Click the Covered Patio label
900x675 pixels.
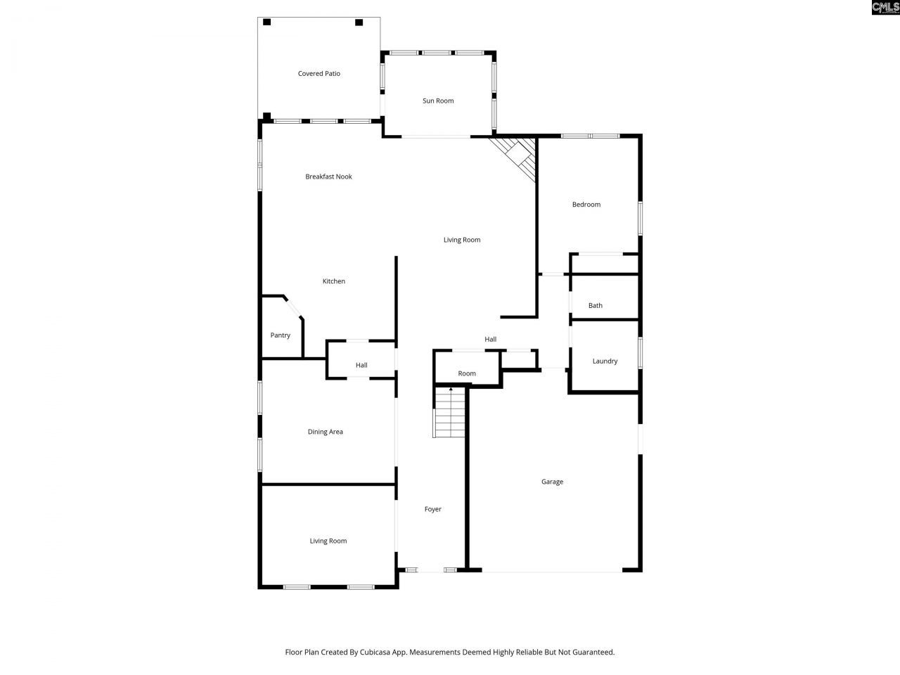(319, 74)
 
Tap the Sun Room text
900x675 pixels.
(437, 101)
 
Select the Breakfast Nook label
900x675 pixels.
(328, 177)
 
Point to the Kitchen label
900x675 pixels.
(333, 281)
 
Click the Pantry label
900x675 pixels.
(280, 335)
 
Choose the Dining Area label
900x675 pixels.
(325, 432)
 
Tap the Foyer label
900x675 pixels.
(432, 509)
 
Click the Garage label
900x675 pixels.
(552, 482)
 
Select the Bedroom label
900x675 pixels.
(586, 205)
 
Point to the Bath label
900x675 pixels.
(595, 306)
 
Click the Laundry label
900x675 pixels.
(605, 361)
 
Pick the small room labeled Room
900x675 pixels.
(467, 373)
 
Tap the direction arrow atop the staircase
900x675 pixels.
(451, 389)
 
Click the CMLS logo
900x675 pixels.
(885, 8)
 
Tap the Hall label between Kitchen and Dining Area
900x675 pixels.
(361, 366)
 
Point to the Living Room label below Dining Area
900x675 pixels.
(328, 541)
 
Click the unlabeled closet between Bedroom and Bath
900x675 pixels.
(603, 264)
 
